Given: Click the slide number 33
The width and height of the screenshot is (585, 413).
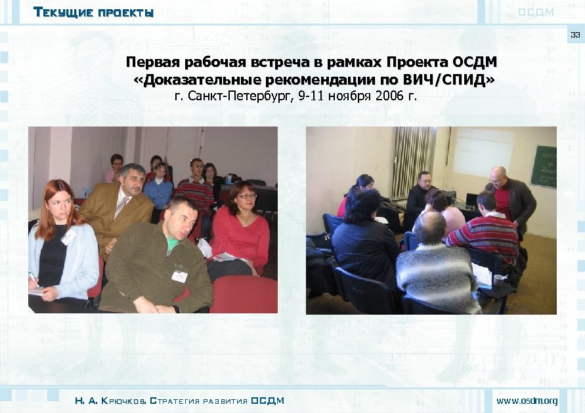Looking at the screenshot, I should (x=575, y=35).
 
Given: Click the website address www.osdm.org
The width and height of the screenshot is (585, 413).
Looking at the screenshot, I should (x=527, y=401).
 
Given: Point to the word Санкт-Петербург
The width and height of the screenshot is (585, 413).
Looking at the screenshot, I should (x=240, y=97).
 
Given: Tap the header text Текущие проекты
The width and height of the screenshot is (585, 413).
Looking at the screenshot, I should (x=93, y=12).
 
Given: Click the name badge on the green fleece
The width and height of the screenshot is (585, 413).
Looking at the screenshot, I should (x=179, y=275).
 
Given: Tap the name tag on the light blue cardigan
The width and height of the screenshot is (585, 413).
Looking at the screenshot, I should (x=68, y=237).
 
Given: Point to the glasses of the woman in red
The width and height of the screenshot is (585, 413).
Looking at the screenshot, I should (x=248, y=196).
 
